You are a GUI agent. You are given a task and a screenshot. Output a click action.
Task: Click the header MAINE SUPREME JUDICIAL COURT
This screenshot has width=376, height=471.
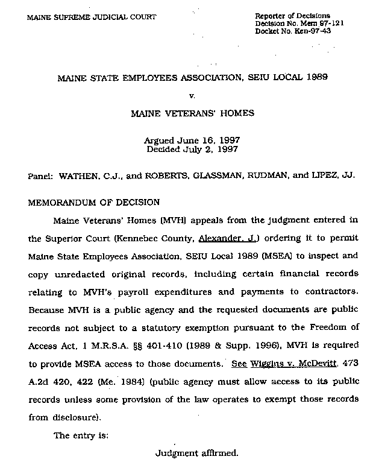[92, 17]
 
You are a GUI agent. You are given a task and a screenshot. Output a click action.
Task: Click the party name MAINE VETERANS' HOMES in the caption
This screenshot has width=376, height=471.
[192, 113]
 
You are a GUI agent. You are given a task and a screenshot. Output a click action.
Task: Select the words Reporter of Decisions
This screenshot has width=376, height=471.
[292, 15]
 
